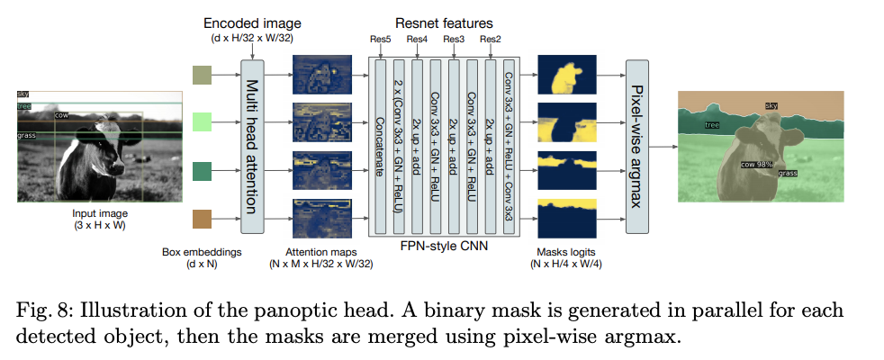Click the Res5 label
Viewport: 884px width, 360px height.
click(x=379, y=39)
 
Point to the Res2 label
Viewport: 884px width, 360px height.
click(x=491, y=39)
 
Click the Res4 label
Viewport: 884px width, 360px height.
click(x=417, y=39)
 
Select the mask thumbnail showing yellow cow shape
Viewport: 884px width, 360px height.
click(x=566, y=76)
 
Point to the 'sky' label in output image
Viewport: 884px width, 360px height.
click(x=771, y=106)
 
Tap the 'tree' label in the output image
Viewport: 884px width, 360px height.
click(x=712, y=125)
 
